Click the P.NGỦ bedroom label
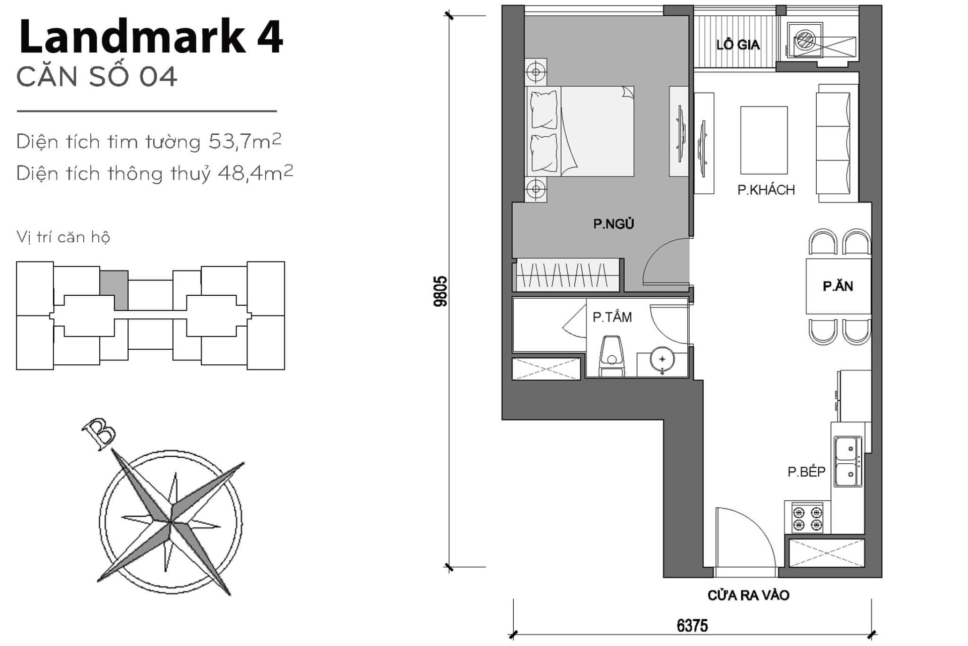click(x=613, y=224)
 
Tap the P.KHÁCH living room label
click(x=766, y=190)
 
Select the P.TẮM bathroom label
click(x=612, y=317)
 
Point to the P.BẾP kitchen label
click(x=806, y=471)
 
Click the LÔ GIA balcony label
click(x=738, y=45)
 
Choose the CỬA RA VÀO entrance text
click(x=748, y=595)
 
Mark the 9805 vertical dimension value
click(x=440, y=291)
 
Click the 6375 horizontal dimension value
click(x=692, y=626)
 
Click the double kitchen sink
click(x=848, y=462)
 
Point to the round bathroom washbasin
click(x=662, y=360)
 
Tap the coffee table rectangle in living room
click(x=763, y=140)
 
